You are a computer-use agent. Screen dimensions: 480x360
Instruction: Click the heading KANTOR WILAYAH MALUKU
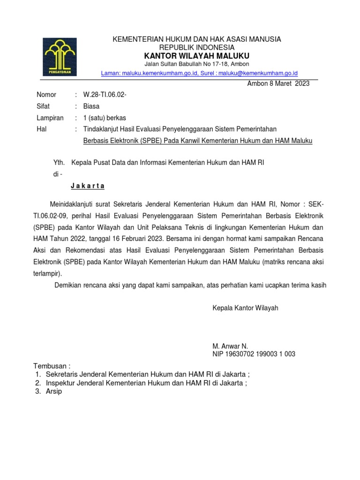tap(196, 56)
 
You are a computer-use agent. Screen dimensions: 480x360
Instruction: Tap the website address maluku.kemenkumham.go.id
tap(160, 73)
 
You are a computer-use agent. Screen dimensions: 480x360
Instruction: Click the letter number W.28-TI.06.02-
tap(105, 95)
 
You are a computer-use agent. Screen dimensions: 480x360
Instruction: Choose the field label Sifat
tap(43, 106)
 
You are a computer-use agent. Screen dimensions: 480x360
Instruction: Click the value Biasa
tap(91, 106)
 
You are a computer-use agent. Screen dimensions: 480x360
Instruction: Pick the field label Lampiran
tap(50, 118)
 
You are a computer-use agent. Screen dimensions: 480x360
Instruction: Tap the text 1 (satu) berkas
tap(105, 118)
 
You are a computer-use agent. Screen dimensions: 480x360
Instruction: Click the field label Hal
tap(42, 129)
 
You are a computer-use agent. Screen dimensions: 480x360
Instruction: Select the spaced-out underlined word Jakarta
tap(88, 186)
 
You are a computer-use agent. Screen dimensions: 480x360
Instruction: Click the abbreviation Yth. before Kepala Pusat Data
tap(60, 163)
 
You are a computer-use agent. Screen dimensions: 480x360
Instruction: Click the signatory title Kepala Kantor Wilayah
tap(246, 308)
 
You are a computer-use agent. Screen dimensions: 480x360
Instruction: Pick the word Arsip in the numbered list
tap(53, 391)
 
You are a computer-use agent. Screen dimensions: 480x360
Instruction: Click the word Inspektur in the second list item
tap(61, 383)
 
